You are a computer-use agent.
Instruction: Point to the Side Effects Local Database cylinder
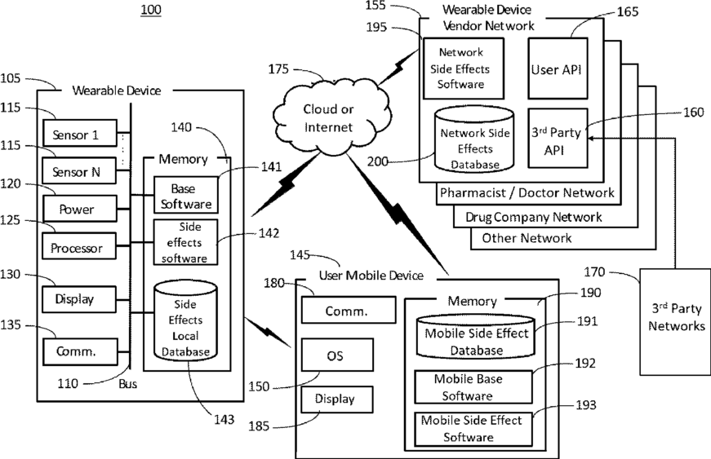(186, 320)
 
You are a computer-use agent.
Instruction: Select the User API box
(556, 69)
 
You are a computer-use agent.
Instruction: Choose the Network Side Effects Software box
(462, 68)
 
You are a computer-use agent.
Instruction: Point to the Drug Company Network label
(534, 217)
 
